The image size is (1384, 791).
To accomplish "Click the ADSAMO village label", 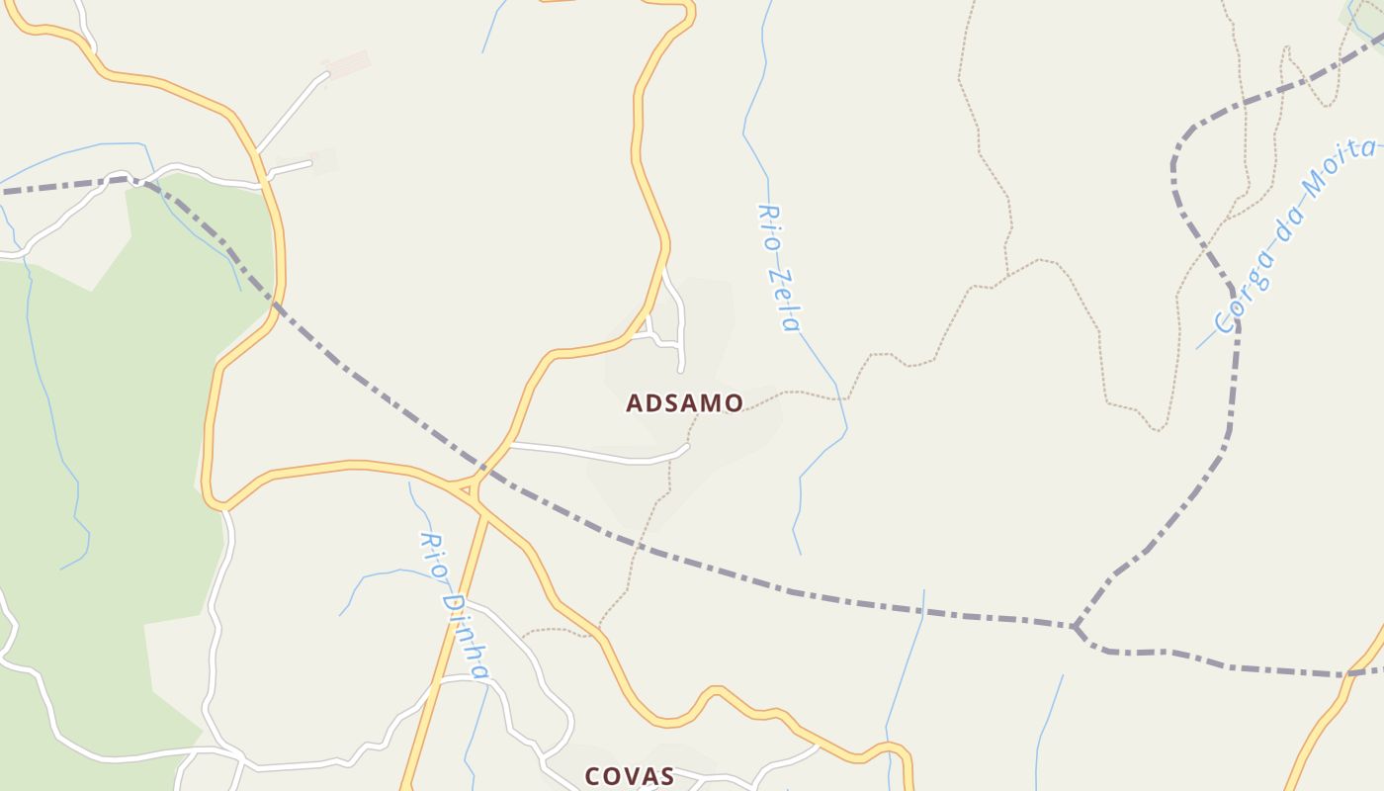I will tap(684, 403).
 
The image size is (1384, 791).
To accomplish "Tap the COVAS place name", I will tap(630, 776).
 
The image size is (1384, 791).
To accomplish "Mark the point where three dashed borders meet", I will tap(1075, 626).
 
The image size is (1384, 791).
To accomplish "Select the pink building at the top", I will tap(346, 66).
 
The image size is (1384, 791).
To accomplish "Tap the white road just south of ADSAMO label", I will tap(603, 456).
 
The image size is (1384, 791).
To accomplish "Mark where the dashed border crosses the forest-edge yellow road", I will tap(276, 307).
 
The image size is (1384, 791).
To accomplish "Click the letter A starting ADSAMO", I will tap(635, 403).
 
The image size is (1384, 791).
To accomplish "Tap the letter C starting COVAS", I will tap(593, 776).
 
